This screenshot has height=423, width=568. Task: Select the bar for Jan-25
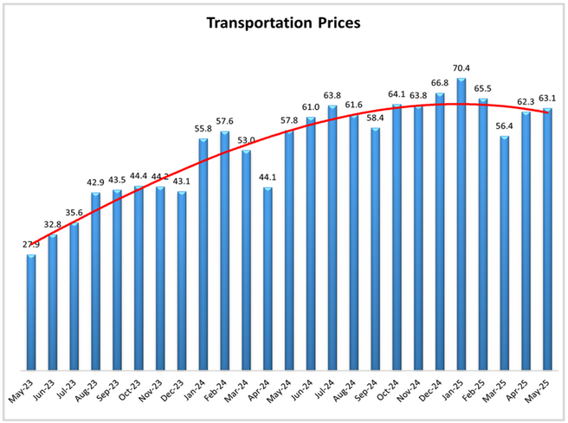pyautogui.click(x=461, y=225)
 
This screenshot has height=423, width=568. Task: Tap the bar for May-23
pyautogui.click(x=31, y=311)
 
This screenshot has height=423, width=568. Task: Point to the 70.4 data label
pyautogui.click(x=461, y=67)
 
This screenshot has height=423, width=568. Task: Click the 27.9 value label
pyautogui.click(x=31, y=245)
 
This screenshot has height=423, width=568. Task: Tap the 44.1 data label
pyautogui.click(x=268, y=178)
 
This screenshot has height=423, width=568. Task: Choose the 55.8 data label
pyautogui.click(x=203, y=128)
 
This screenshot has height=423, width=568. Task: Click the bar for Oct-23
pyautogui.click(x=139, y=278)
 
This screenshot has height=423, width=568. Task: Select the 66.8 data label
pyautogui.click(x=440, y=83)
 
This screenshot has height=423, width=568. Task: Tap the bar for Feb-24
pyautogui.click(x=224, y=251)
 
